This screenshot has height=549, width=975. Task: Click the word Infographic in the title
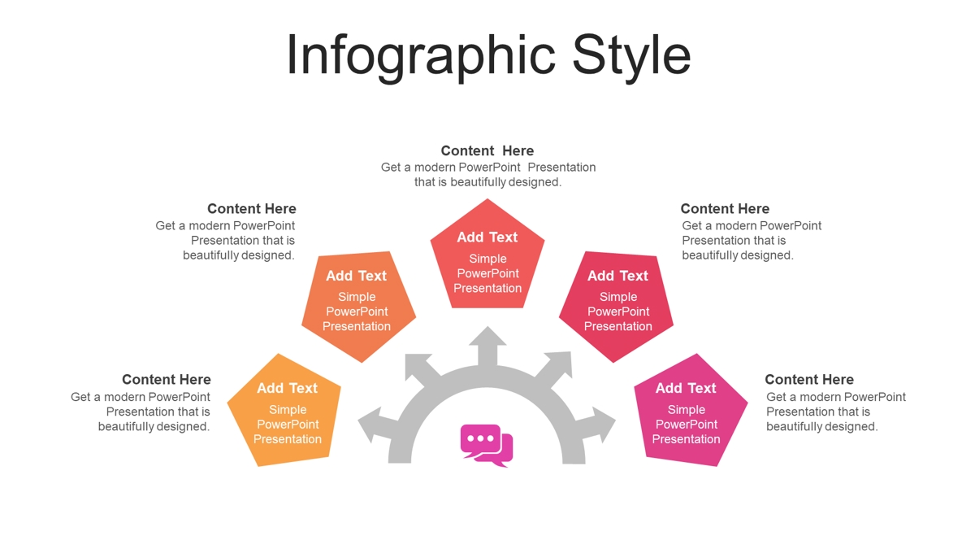point(421,57)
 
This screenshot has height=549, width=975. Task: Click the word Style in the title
point(631,57)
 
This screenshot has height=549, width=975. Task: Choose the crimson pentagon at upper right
point(617,305)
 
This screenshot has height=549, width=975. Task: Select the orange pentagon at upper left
point(358,305)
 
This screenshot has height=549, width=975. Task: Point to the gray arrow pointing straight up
point(487,346)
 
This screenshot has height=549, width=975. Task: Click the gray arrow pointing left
point(377,425)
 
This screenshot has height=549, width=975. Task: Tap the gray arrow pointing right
point(596,425)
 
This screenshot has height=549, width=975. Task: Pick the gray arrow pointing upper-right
point(554,368)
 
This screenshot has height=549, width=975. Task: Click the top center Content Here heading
point(487,150)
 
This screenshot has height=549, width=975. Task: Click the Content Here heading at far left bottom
point(167,380)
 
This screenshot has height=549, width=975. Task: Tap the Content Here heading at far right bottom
point(809,380)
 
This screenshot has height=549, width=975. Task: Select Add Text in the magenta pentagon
point(686,388)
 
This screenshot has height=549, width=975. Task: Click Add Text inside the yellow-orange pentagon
point(288,388)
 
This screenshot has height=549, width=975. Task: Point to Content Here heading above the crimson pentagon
point(725,209)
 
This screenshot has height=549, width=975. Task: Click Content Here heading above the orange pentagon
point(252,209)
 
